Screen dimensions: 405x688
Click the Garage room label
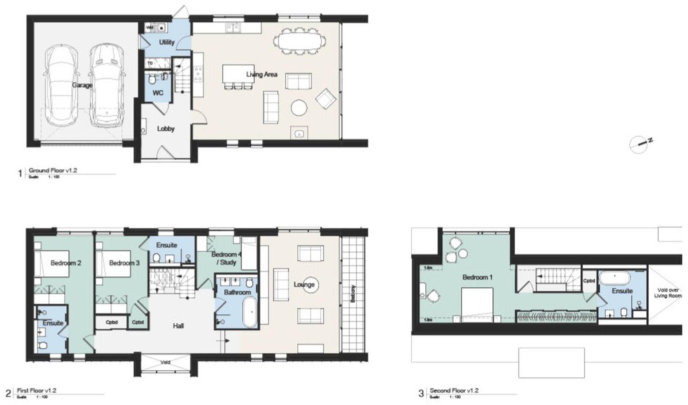pyautogui.click(x=82, y=85)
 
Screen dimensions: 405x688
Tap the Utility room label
pyautogui.click(x=167, y=42)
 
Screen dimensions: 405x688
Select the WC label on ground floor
pyautogui.click(x=158, y=93)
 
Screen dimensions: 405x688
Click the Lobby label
pyautogui.click(x=166, y=129)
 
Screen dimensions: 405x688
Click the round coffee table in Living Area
pyautogui.click(x=299, y=108)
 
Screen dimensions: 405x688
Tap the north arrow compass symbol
pyautogui.click(x=640, y=144)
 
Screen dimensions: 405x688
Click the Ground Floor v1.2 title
pyautogui.click(x=53, y=170)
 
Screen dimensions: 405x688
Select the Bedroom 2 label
pyautogui.click(x=66, y=263)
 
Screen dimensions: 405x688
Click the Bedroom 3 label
pyautogui.click(x=124, y=263)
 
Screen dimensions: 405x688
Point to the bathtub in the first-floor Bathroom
pyautogui.click(x=250, y=312)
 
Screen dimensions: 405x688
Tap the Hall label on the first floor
pyautogui.click(x=178, y=326)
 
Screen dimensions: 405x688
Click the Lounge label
pyautogui.click(x=304, y=284)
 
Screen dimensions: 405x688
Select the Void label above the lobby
pyautogui.click(x=165, y=362)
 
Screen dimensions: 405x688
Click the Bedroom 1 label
pyautogui.click(x=477, y=278)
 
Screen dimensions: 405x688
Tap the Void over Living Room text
pyautogui.click(x=668, y=293)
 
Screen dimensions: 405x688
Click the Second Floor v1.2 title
pyautogui.click(x=454, y=390)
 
